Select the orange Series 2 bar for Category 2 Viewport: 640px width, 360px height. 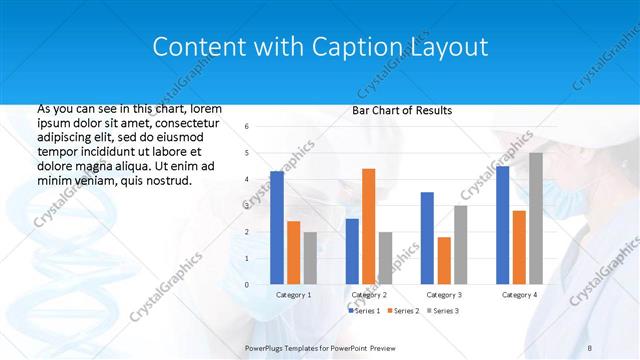pyautogui.click(x=368, y=226)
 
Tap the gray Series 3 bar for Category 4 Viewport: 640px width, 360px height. pyautogui.click(x=536, y=219)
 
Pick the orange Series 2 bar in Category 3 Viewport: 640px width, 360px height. pyautogui.click(x=444, y=261)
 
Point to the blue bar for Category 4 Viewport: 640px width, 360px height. pyautogui.click(x=502, y=225)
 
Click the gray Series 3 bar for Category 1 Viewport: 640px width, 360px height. pyautogui.click(x=310, y=258)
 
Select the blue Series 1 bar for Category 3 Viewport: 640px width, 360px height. pyautogui.click(x=427, y=238)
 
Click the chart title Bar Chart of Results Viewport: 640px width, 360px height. pyautogui.click(x=401, y=110)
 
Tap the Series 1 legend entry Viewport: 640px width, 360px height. pyautogui.click(x=363, y=311)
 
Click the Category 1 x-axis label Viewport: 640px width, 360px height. pyautogui.click(x=293, y=295)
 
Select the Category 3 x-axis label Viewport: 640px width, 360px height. pyautogui.click(x=444, y=295)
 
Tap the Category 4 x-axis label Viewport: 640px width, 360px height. pyautogui.click(x=519, y=295)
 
